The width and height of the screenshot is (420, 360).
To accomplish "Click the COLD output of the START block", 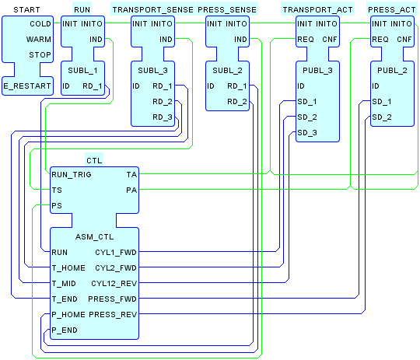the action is (x=40, y=24).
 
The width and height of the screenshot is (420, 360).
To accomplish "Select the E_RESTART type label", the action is (x=27, y=86).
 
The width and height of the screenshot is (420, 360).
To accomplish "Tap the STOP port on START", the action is (x=40, y=55).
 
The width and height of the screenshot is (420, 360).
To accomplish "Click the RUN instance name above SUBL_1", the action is (x=82, y=10).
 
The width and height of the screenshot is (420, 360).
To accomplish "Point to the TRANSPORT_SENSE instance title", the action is (x=152, y=10).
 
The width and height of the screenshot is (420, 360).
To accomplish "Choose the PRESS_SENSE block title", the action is (x=227, y=10).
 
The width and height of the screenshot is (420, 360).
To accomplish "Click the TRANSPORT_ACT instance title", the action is (x=317, y=10).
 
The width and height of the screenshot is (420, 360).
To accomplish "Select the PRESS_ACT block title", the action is (x=391, y=10).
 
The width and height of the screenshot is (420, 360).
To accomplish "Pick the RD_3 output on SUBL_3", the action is (x=163, y=117).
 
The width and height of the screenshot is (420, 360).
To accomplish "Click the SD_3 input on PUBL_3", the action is (x=307, y=133).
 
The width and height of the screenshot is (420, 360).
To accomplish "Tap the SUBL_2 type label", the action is (x=227, y=71).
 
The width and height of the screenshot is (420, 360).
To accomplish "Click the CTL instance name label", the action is (x=94, y=161).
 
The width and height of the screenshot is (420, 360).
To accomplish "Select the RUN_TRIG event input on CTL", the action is (x=72, y=175).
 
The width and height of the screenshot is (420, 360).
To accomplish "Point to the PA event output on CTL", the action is (x=131, y=190).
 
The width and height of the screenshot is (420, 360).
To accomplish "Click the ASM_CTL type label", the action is (x=95, y=237).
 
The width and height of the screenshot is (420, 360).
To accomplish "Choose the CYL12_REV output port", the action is (x=114, y=284).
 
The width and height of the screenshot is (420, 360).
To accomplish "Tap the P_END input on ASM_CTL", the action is (x=65, y=330).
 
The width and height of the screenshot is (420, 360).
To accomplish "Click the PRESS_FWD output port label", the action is (x=113, y=299).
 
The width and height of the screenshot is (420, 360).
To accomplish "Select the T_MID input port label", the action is (x=64, y=284).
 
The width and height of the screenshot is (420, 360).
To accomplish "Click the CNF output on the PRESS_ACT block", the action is (x=404, y=40).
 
